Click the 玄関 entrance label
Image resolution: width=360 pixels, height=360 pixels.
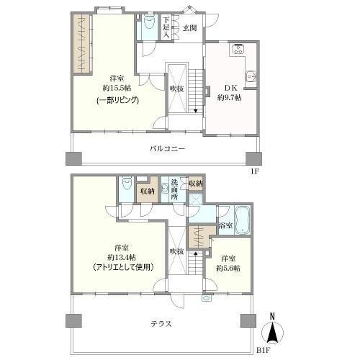pyautogui.click(x=189, y=30)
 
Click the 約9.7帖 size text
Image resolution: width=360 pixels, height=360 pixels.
pyautogui.click(x=229, y=97)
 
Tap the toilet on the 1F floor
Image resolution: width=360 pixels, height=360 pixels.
pyautogui.click(x=149, y=23)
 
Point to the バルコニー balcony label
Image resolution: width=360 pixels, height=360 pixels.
pyautogui.click(x=168, y=148)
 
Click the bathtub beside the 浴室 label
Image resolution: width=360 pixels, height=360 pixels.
pyautogui.click(x=242, y=217)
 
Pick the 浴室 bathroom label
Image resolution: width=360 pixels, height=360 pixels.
pyautogui.click(x=225, y=225)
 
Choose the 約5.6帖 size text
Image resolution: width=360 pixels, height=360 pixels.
pyautogui.click(x=229, y=269)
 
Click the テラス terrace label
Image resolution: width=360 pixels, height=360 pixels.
pyautogui.click(x=161, y=323)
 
